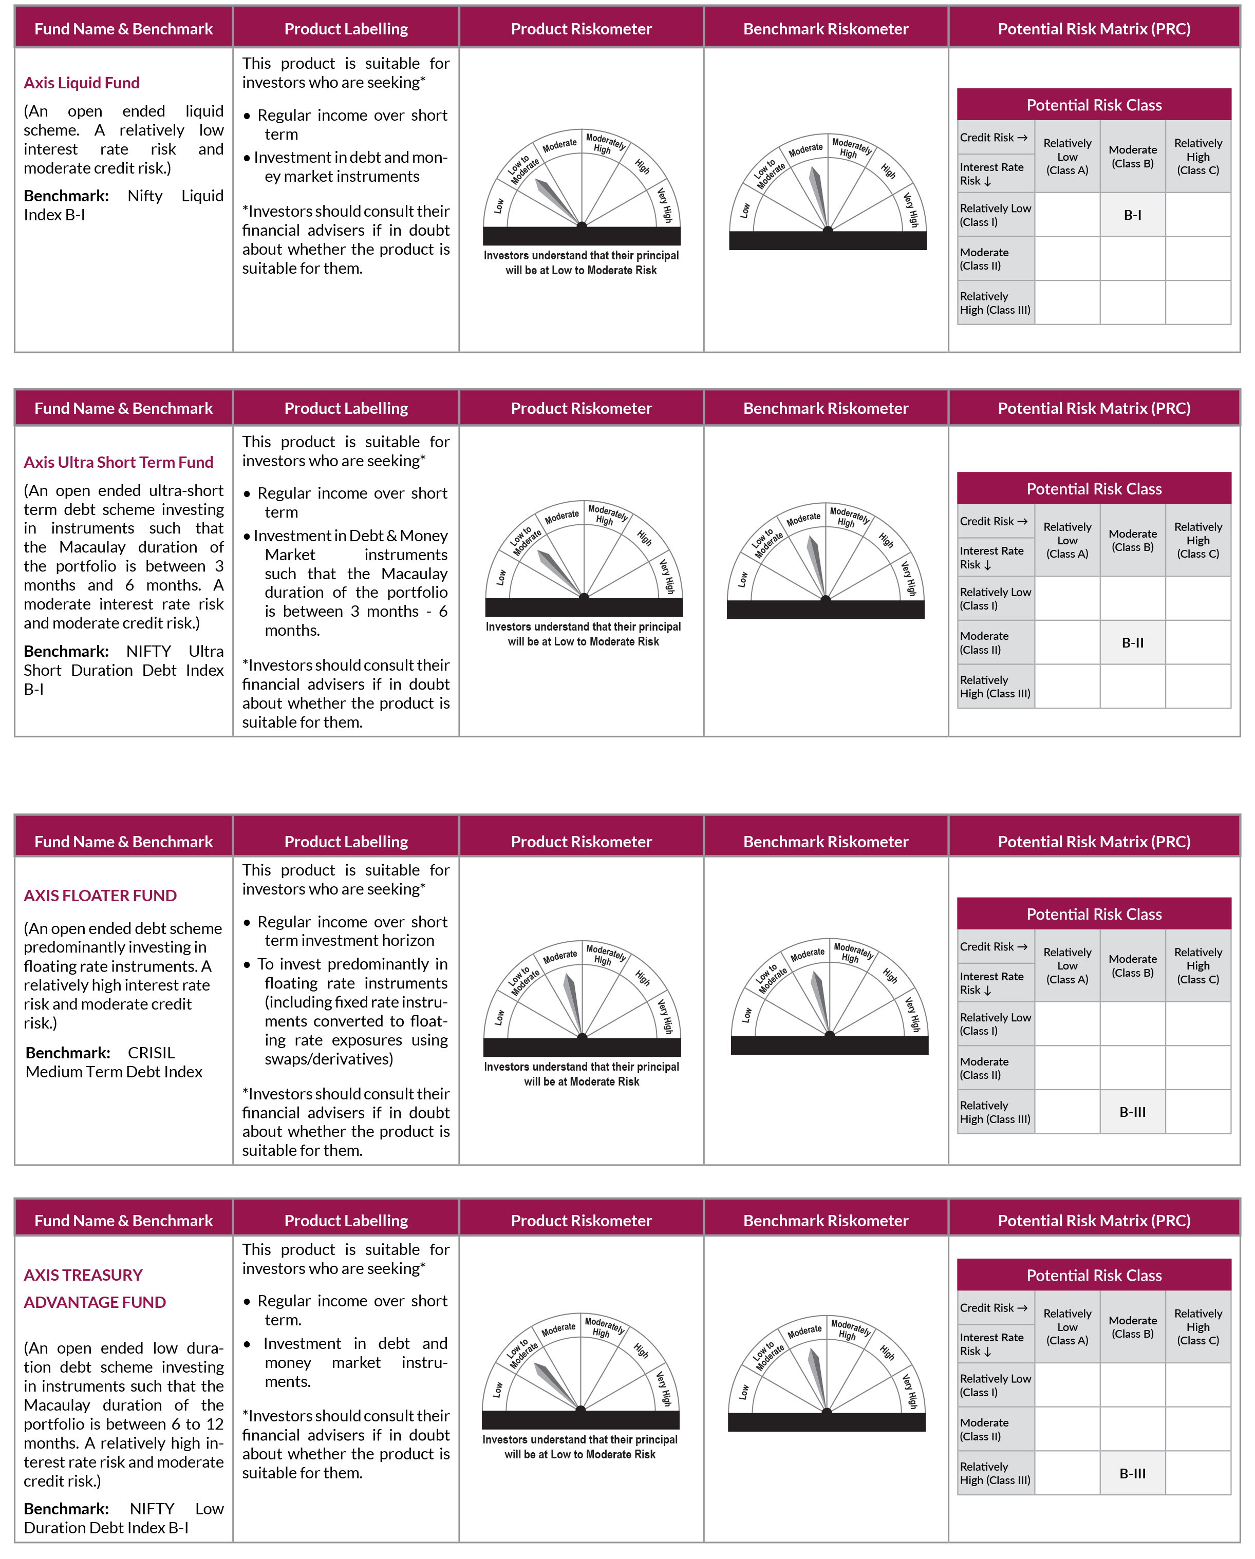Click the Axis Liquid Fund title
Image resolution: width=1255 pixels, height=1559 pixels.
point(82,83)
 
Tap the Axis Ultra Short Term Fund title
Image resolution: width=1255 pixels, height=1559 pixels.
point(118,462)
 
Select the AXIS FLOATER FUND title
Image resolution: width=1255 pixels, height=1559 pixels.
point(100,895)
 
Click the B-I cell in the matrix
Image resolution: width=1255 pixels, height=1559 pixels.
point(1132,215)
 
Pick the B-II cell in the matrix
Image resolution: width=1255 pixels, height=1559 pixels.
point(1132,642)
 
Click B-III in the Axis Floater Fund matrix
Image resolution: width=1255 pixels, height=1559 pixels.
point(1132,1111)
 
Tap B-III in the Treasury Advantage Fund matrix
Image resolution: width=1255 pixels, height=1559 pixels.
point(1132,1473)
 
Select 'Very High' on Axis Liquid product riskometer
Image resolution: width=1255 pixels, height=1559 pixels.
point(665,205)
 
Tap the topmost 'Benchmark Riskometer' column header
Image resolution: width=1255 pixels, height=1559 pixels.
point(826,29)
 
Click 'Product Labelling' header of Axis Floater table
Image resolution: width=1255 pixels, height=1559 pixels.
point(346,842)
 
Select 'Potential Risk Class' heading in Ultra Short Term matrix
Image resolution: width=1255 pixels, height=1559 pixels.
point(1094,489)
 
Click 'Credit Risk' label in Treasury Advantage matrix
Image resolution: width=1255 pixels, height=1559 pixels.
point(992,1307)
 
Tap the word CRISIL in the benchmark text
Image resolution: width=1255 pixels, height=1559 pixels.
point(151,1053)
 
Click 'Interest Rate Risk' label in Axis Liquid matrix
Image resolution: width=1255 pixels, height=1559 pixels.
point(991,174)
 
